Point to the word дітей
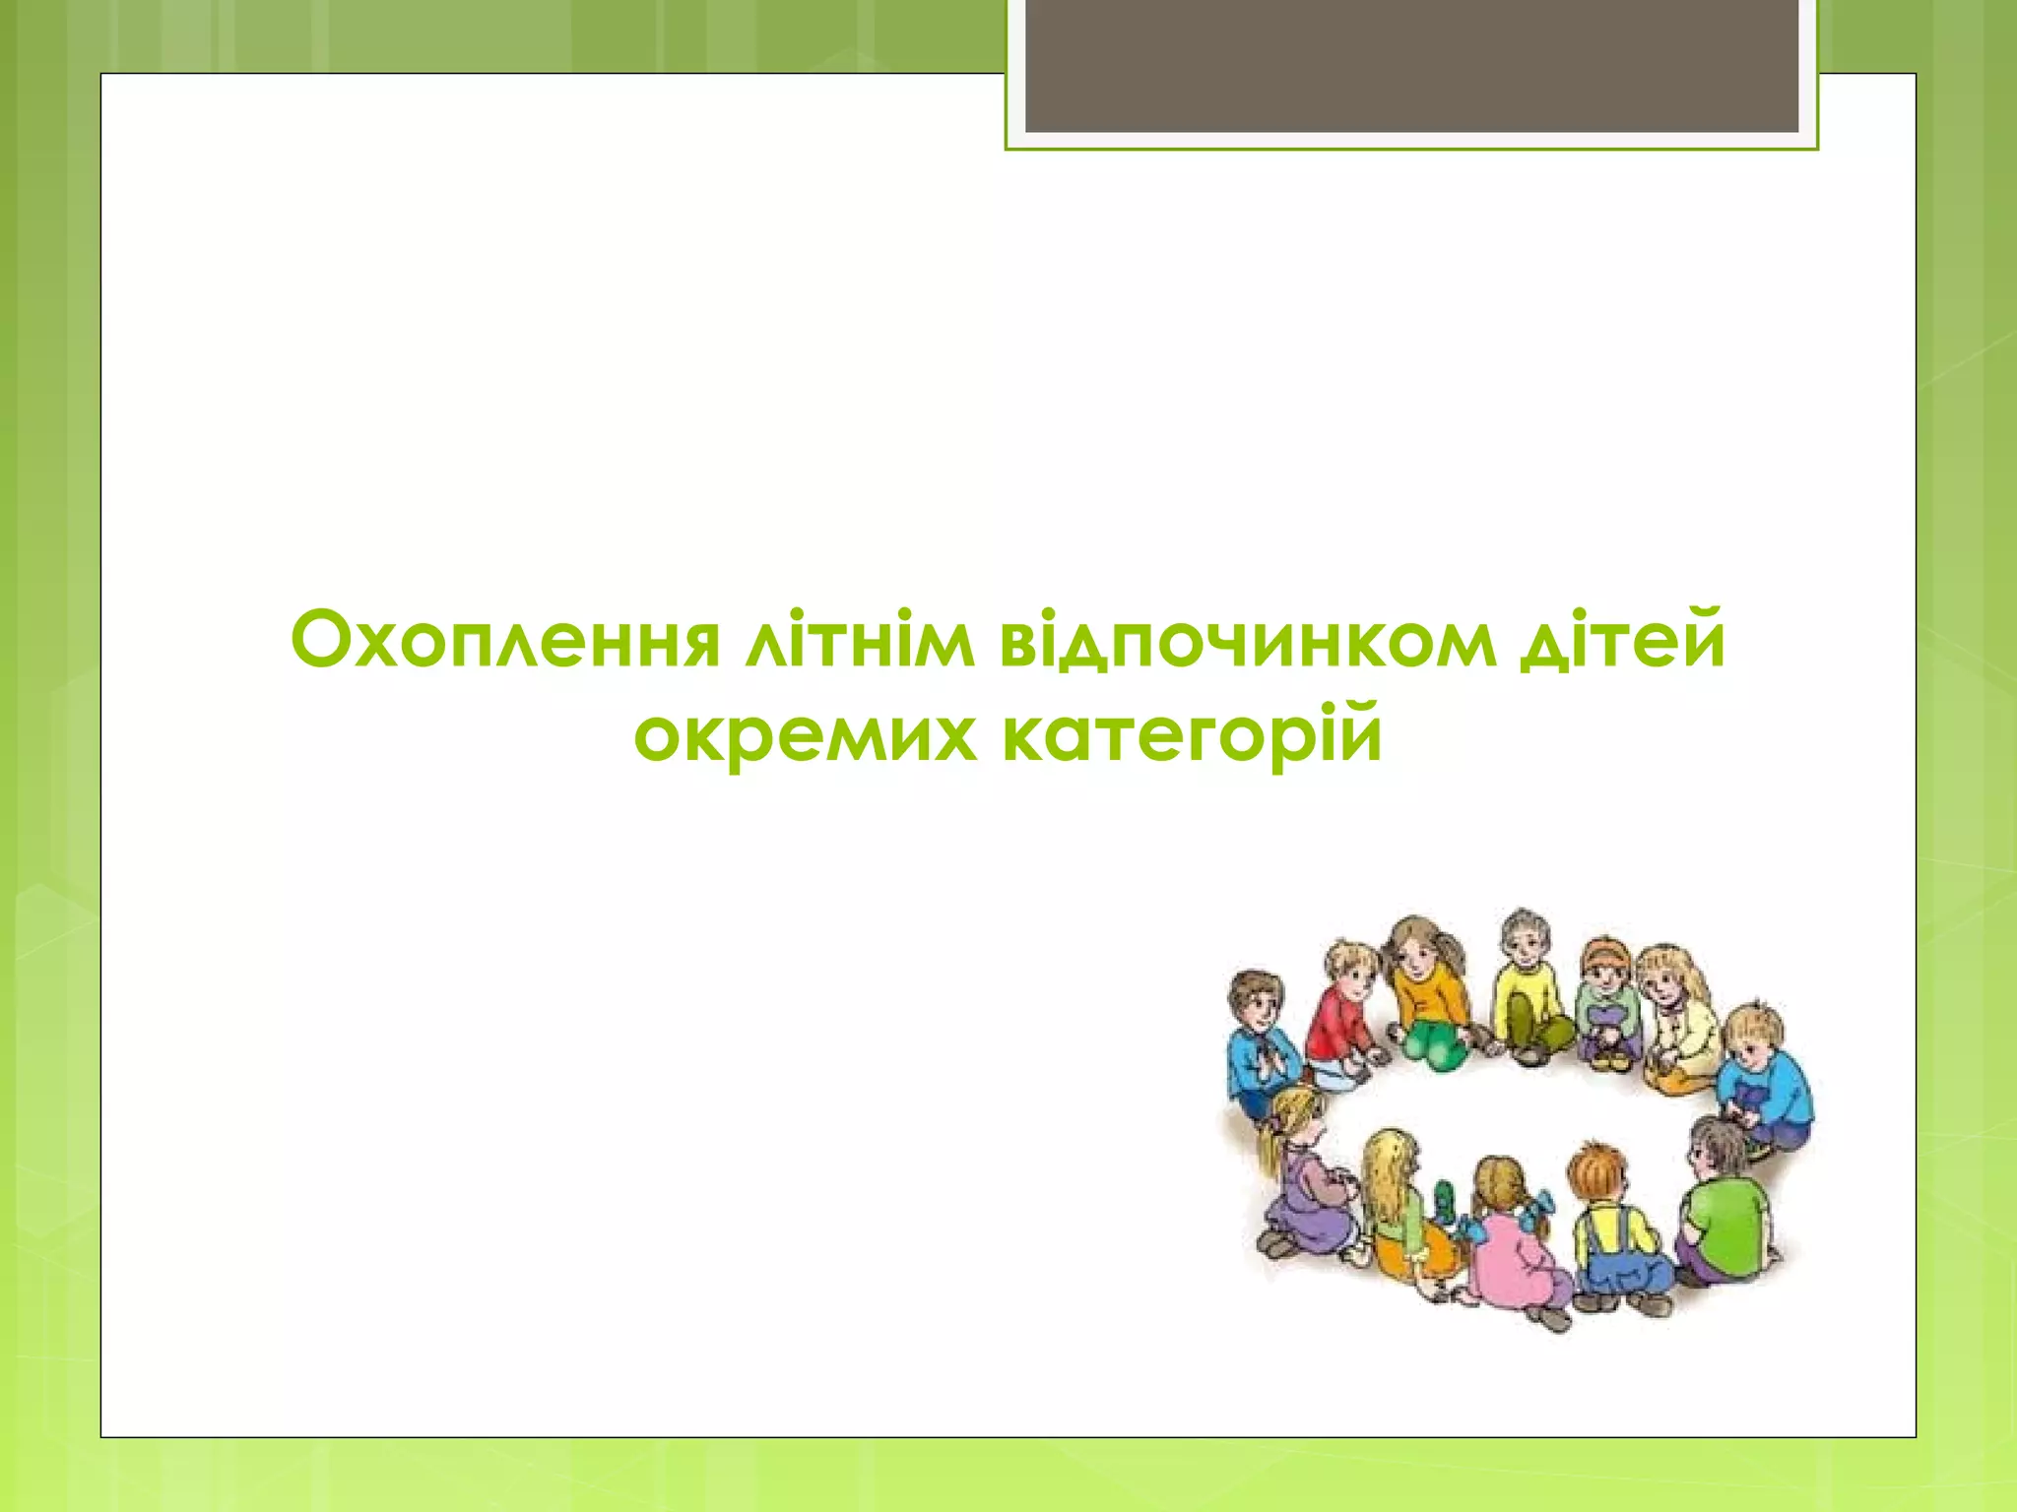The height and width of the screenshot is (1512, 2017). (x=1622, y=640)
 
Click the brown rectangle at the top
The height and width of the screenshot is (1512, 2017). (x=1411, y=65)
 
